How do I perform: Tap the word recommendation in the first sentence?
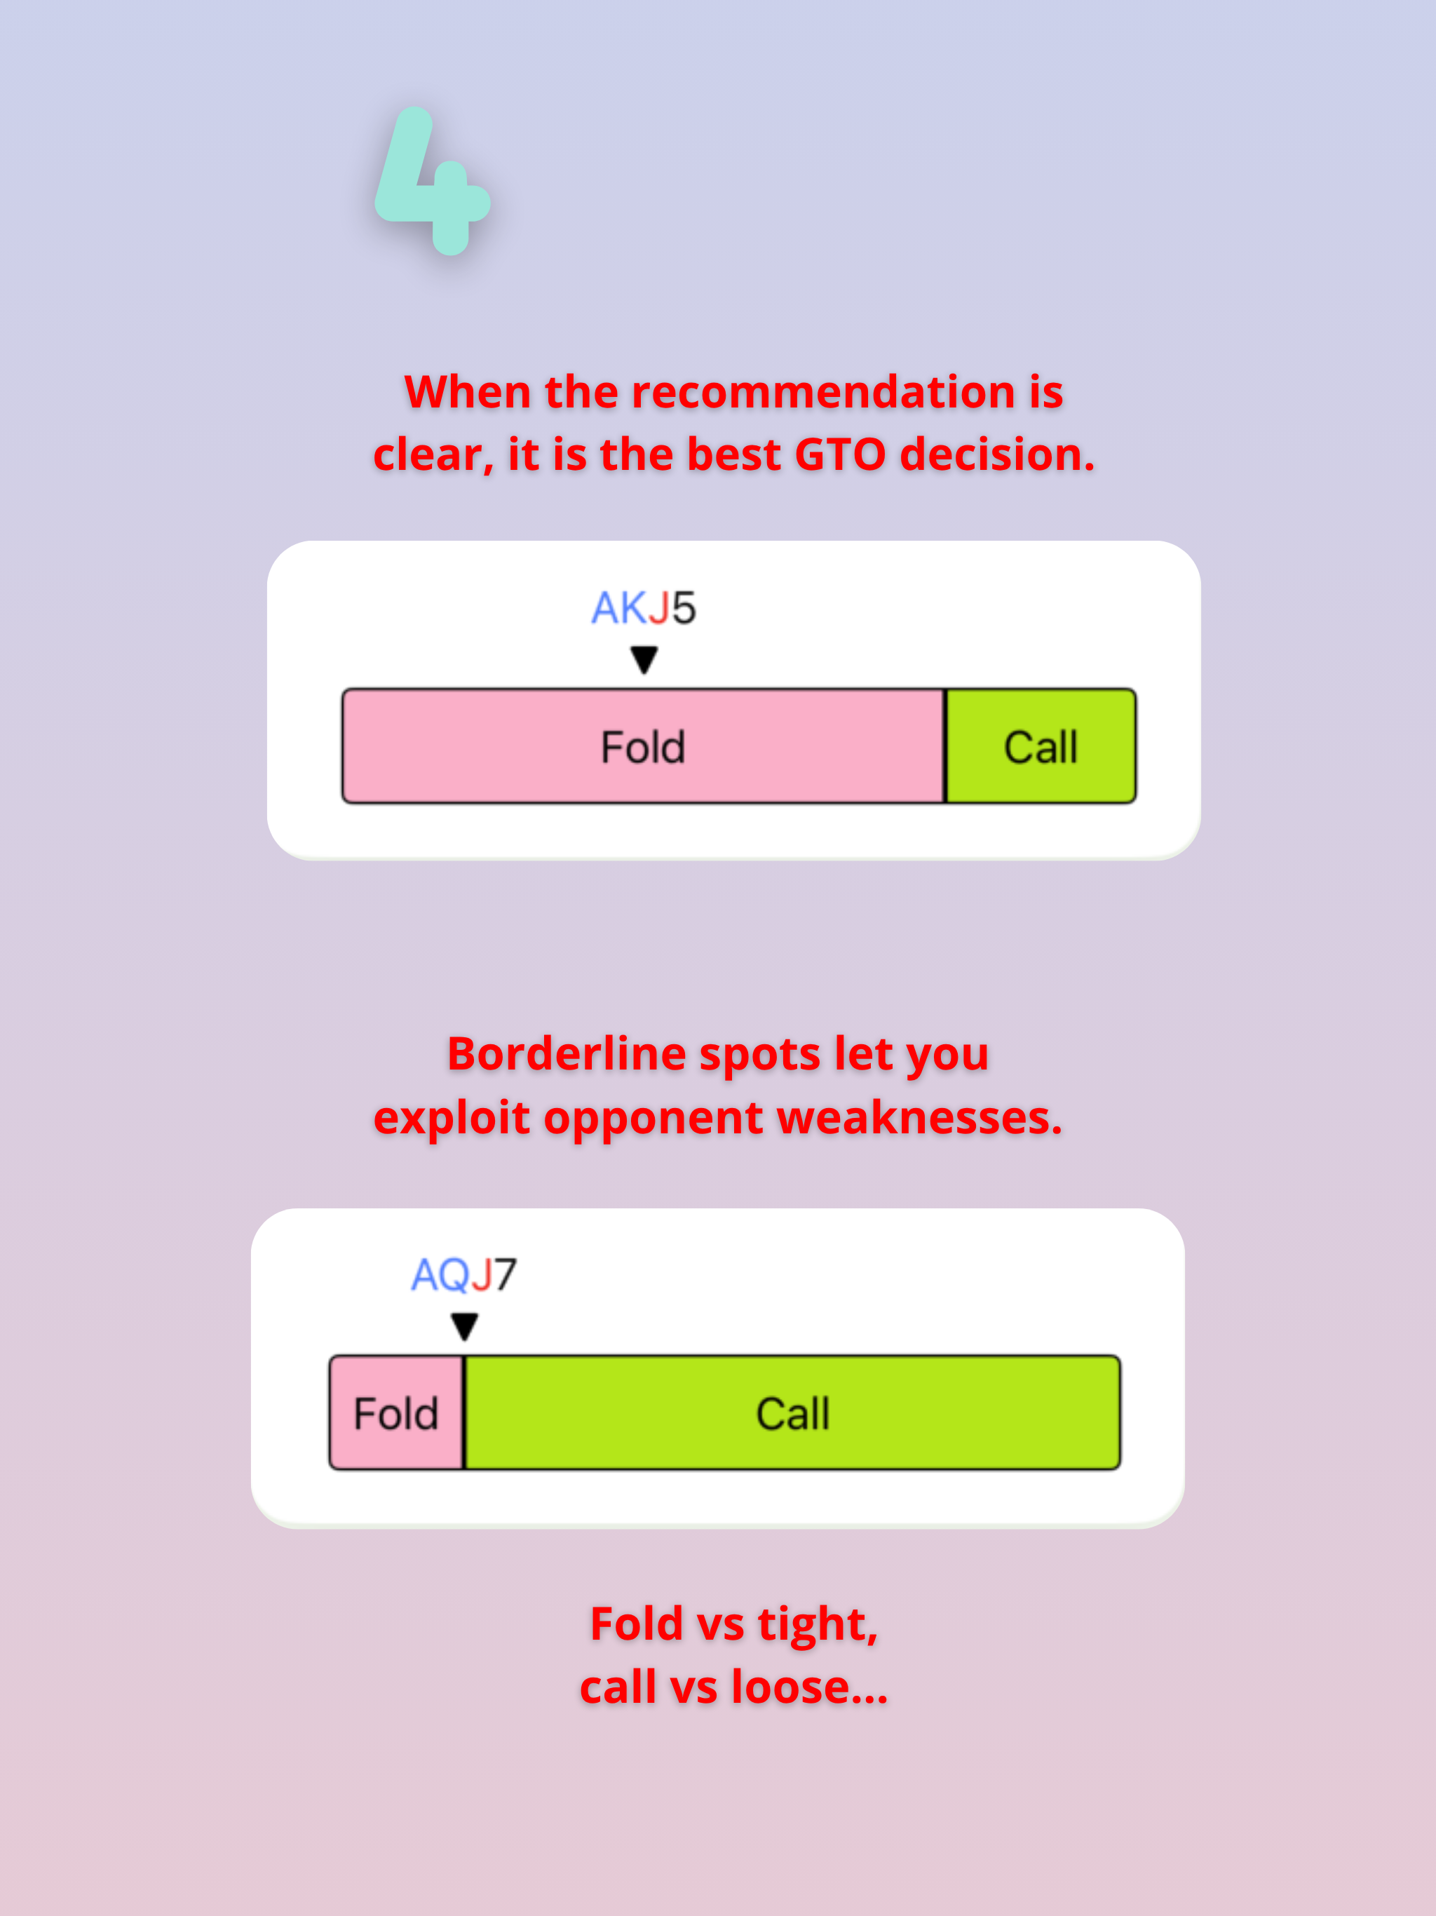(x=822, y=391)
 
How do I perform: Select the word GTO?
(x=839, y=454)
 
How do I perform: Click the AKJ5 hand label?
(x=644, y=607)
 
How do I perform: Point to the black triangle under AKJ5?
(x=644, y=660)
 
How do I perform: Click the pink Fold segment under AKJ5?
(x=643, y=746)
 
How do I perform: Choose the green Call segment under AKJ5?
(x=1041, y=746)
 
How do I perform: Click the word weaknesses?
(x=919, y=1117)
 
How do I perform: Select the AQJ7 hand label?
(x=463, y=1274)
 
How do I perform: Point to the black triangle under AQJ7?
(x=464, y=1326)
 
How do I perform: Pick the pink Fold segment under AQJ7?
(x=395, y=1412)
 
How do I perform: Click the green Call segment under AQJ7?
(x=792, y=1412)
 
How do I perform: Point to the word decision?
(x=997, y=454)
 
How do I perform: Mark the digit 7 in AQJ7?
(x=506, y=1274)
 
